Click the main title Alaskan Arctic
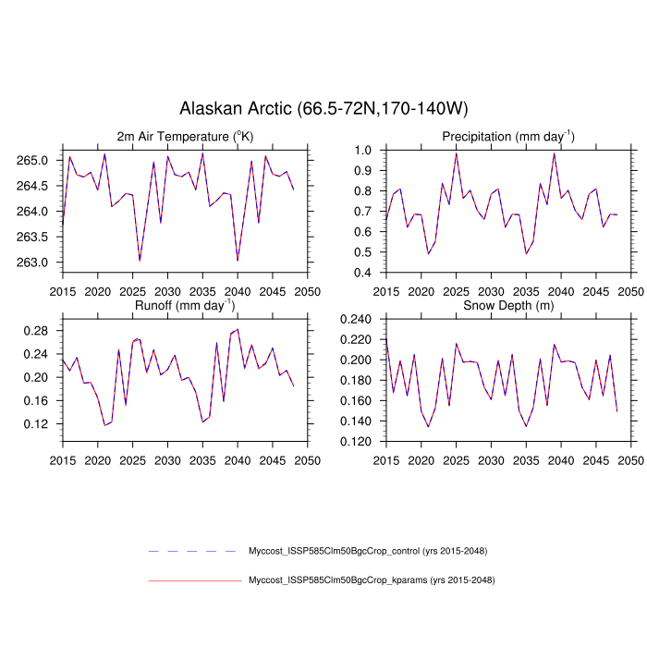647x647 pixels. [x=323, y=109]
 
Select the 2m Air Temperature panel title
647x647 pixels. [x=185, y=137]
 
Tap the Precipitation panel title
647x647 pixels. [x=507, y=137]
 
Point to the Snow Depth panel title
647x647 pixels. [x=507, y=304]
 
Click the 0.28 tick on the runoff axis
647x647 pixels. [x=42, y=330]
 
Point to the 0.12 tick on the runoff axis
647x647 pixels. [x=42, y=424]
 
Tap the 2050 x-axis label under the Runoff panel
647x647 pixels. [x=308, y=459]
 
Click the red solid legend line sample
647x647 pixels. [x=194, y=581]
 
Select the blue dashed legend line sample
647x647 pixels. [x=194, y=552]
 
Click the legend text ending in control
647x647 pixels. [x=368, y=552]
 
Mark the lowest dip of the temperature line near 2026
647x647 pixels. [x=140, y=261]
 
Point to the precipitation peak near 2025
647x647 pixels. [x=456, y=154]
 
